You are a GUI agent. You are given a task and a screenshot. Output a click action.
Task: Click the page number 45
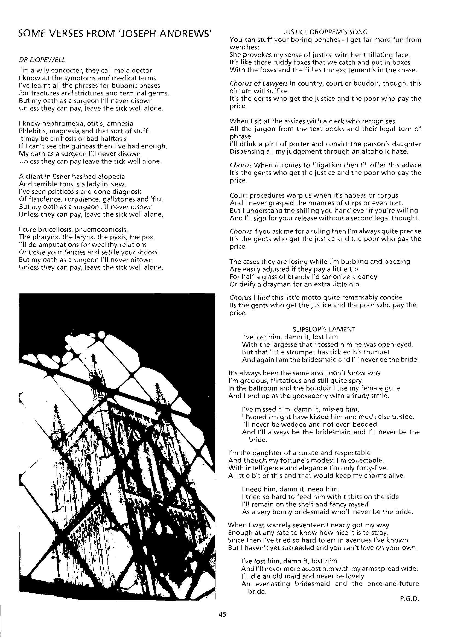[222, 614]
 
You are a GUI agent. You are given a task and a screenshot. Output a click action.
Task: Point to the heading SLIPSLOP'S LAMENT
[324, 329]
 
